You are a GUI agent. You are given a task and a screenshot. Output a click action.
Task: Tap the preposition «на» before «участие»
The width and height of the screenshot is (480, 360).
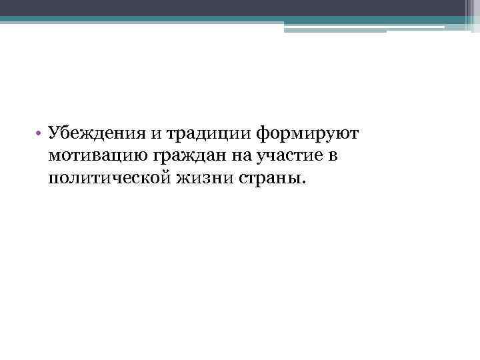point(225,157)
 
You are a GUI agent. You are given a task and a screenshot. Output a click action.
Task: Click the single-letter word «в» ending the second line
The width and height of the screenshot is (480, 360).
point(317,157)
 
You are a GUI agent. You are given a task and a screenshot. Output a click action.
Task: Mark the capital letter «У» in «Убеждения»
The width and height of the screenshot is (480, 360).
point(54,133)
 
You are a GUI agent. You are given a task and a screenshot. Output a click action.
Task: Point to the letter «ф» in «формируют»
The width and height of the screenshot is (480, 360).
point(263,133)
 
